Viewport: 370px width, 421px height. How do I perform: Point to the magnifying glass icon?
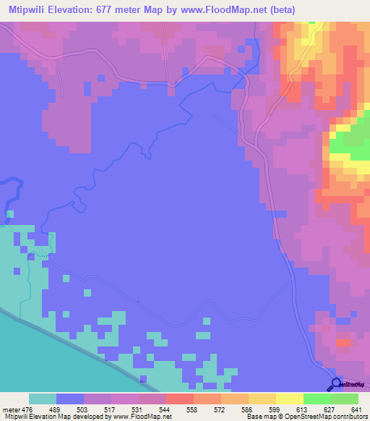pos(335,385)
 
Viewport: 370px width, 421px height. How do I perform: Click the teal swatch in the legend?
pos(43,399)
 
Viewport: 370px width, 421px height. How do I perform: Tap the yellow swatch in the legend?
pos(290,399)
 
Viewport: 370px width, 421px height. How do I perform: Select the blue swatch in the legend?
pos(70,399)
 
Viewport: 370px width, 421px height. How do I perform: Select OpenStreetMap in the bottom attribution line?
pos(297,417)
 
